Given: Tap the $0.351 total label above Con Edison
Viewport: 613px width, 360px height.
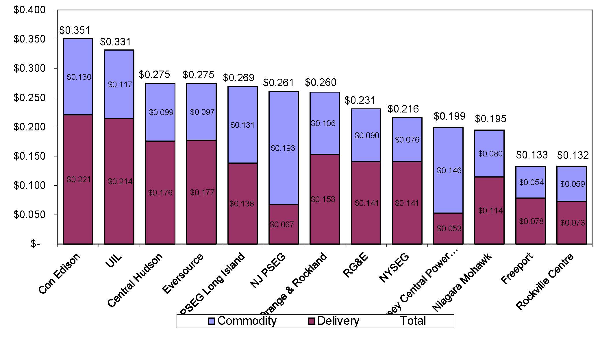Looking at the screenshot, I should click(75, 30).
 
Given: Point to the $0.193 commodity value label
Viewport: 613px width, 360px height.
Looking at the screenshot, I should click(283, 148).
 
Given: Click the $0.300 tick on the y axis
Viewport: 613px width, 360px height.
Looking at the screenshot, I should click(29, 69).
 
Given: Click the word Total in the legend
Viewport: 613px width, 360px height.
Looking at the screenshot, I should click(413, 321).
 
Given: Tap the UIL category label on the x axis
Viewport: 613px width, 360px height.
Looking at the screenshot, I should click(114, 262).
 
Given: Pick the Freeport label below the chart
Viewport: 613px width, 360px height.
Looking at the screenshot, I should click(517, 268).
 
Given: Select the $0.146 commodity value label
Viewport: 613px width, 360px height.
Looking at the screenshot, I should click(449, 171).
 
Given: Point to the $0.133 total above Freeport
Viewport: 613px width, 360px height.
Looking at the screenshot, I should click(532, 155).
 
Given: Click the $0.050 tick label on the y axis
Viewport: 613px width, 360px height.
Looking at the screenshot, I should click(29, 215).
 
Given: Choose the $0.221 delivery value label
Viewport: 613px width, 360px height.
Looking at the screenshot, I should click(79, 180).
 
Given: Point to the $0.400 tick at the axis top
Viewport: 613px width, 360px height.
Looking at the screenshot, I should click(29, 10).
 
